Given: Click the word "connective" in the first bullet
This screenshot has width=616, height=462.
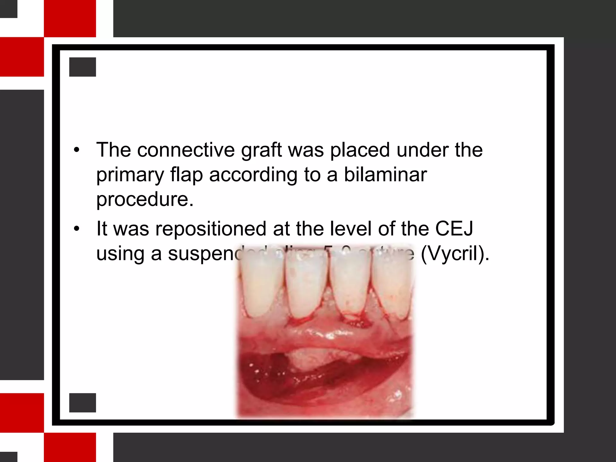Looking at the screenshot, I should pos(186,150).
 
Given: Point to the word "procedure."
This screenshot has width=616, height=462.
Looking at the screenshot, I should pos(145,199).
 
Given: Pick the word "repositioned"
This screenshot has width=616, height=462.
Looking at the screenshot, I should pos(211,229).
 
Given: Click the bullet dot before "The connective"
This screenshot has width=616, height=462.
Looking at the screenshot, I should pos(77,150).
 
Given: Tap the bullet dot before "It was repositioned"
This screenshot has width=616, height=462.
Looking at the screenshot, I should pos(77,229).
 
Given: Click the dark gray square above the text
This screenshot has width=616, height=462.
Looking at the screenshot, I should pos(82,67).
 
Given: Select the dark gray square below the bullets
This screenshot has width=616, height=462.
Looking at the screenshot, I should pos(82,402).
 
